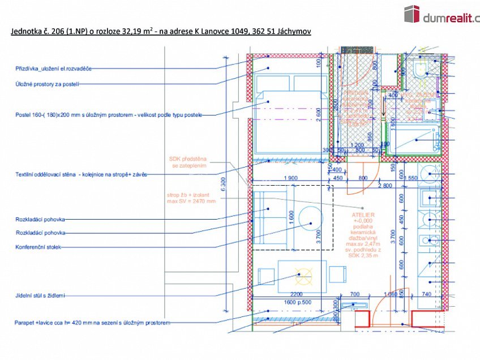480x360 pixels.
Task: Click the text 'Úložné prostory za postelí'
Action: [47, 84]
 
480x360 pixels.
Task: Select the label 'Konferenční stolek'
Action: [39, 247]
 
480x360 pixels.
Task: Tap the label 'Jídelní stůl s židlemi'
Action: [40, 295]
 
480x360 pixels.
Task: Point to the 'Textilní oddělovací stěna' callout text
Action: [81, 174]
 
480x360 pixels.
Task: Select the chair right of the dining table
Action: [338, 275]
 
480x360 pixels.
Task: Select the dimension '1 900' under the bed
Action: [290, 178]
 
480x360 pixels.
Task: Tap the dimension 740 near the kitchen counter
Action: [426, 294]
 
